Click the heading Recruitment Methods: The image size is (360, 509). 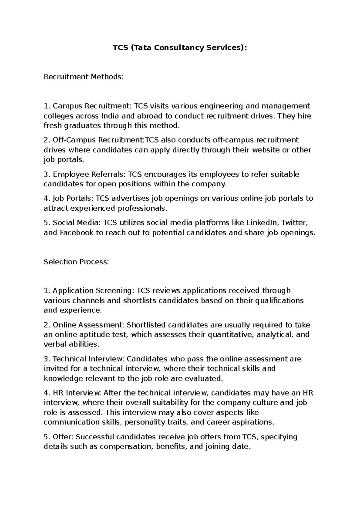pyautogui.click(x=84, y=77)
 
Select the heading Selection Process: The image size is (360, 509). pyautogui.click(x=76, y=262)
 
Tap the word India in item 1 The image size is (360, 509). pyautogui.click(x=110, y=116)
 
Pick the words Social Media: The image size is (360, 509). pyautogui.click(x=77, y=223)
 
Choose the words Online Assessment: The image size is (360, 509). pyautogui.click(x=88, y=325)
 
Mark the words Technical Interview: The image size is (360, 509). pyautogui.click(x=88, y=359)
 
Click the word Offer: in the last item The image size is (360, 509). pyautogui.click(x=63, y=437)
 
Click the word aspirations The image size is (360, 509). pyautogui.click(x=256, y=422)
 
